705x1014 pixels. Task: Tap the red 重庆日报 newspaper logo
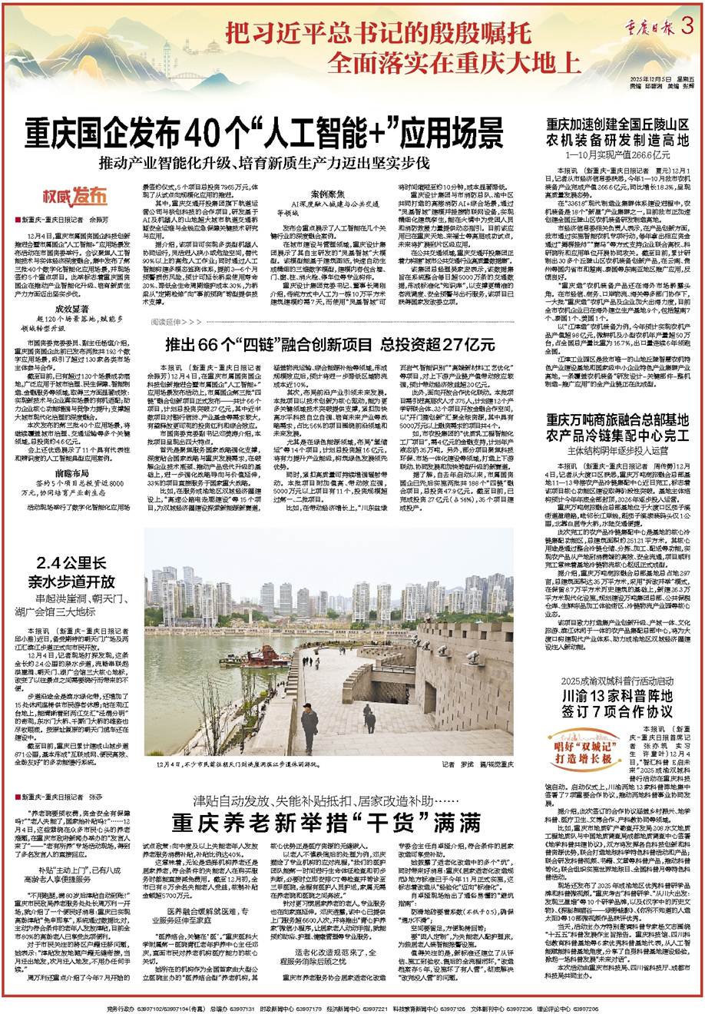(649, 25)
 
